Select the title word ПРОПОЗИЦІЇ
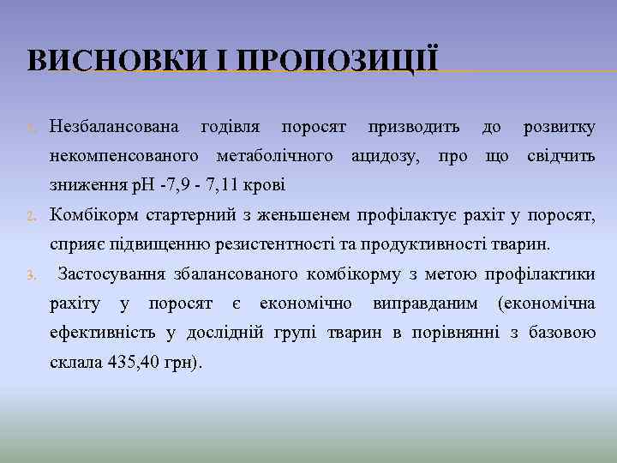pos(338,62)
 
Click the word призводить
pos(414,128)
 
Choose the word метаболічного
pos(275,157)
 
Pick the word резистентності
pos(285,244)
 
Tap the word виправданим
pos(428,304)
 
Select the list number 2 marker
pos(30,215)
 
